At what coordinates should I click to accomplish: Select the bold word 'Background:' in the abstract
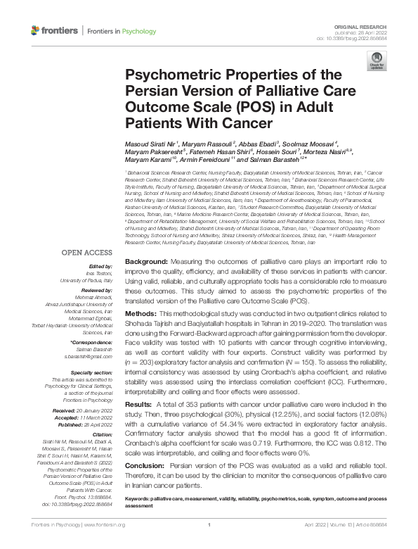click(x=145, y=261)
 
